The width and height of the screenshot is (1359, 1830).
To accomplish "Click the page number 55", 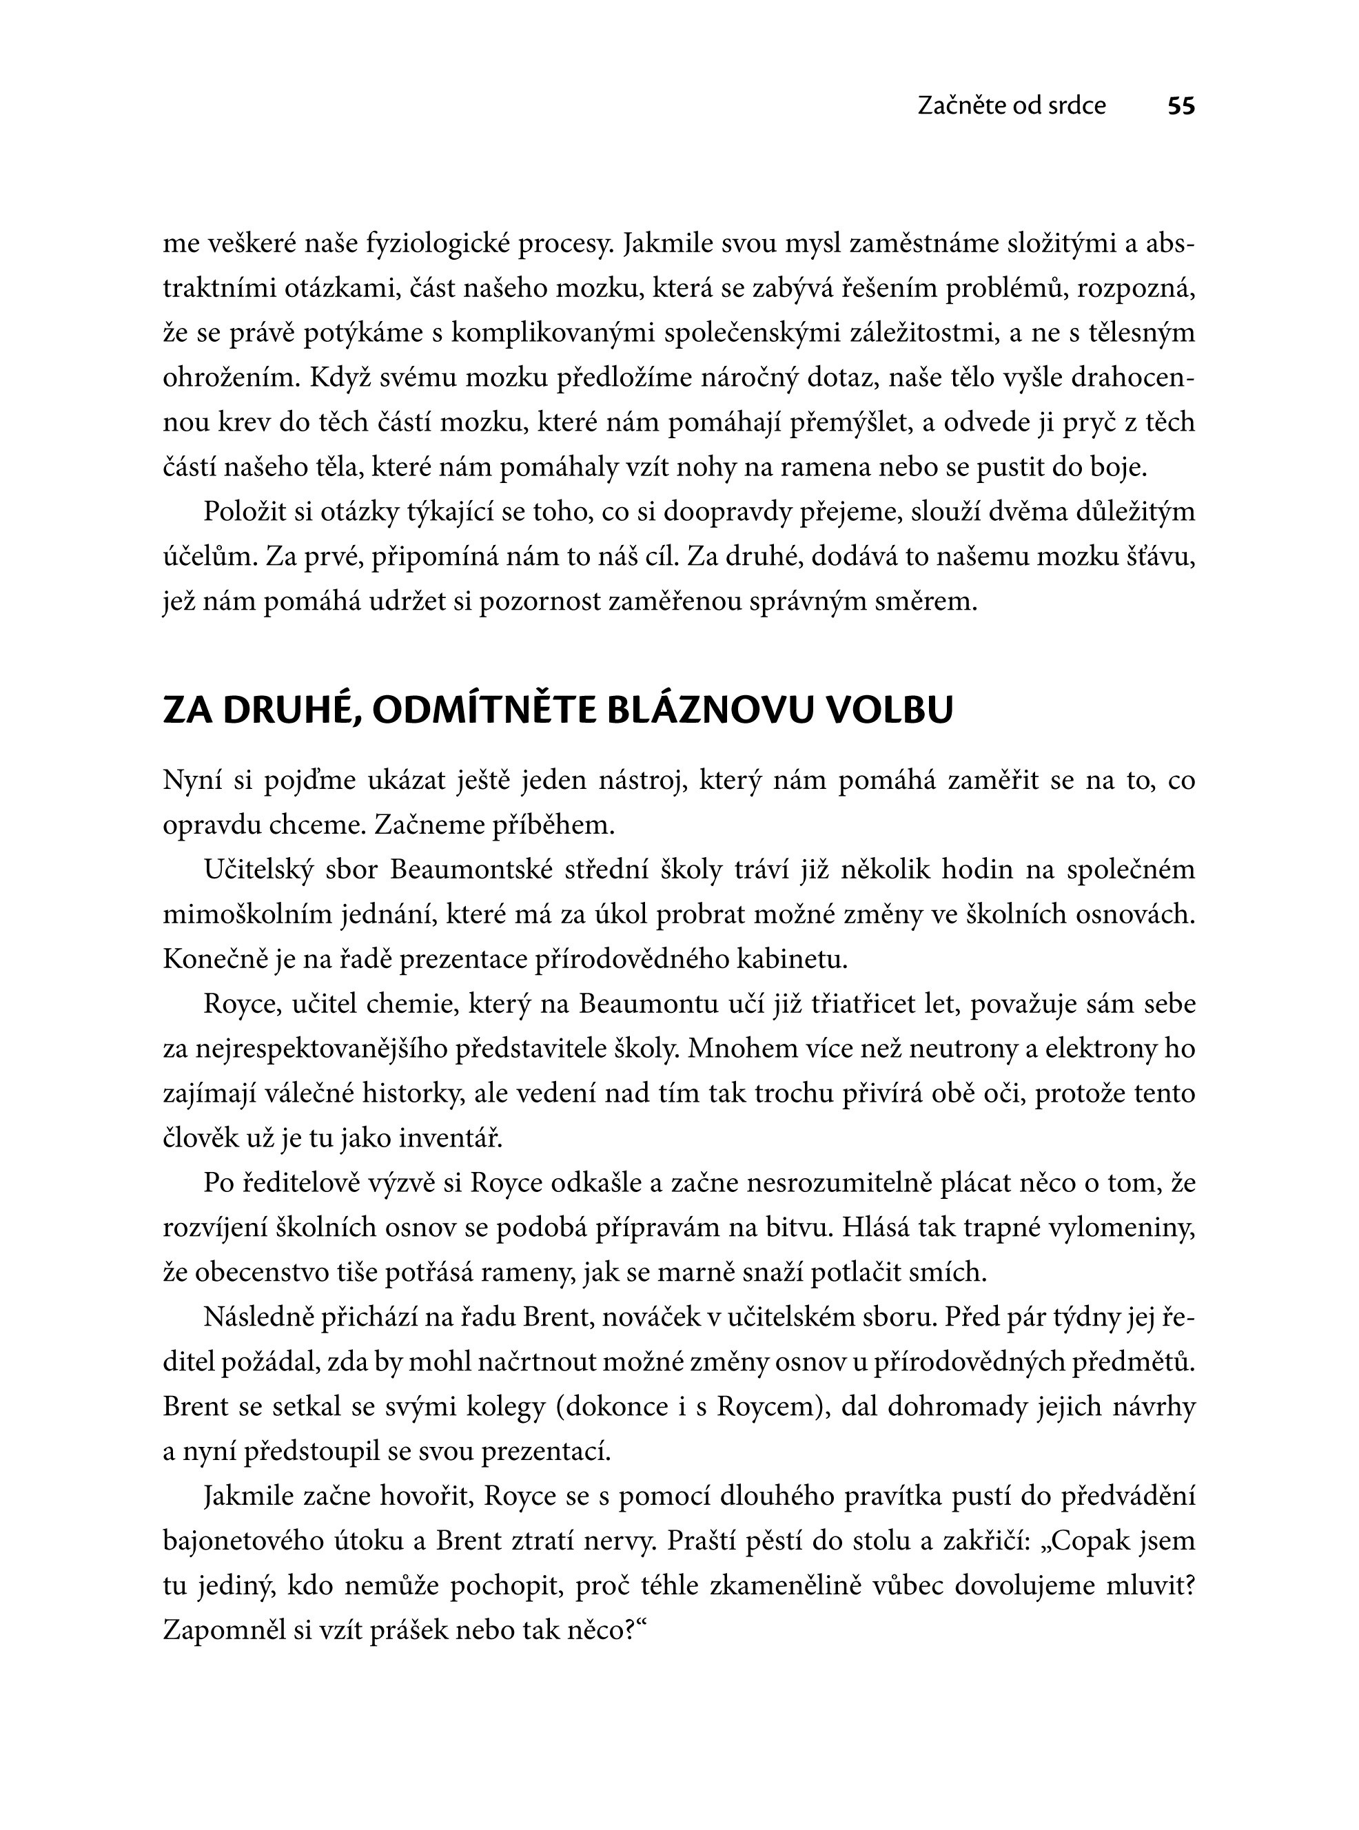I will [1181, 106].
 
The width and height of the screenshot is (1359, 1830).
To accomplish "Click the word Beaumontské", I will [471, 870].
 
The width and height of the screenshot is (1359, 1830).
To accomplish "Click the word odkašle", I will [606, 1184].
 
